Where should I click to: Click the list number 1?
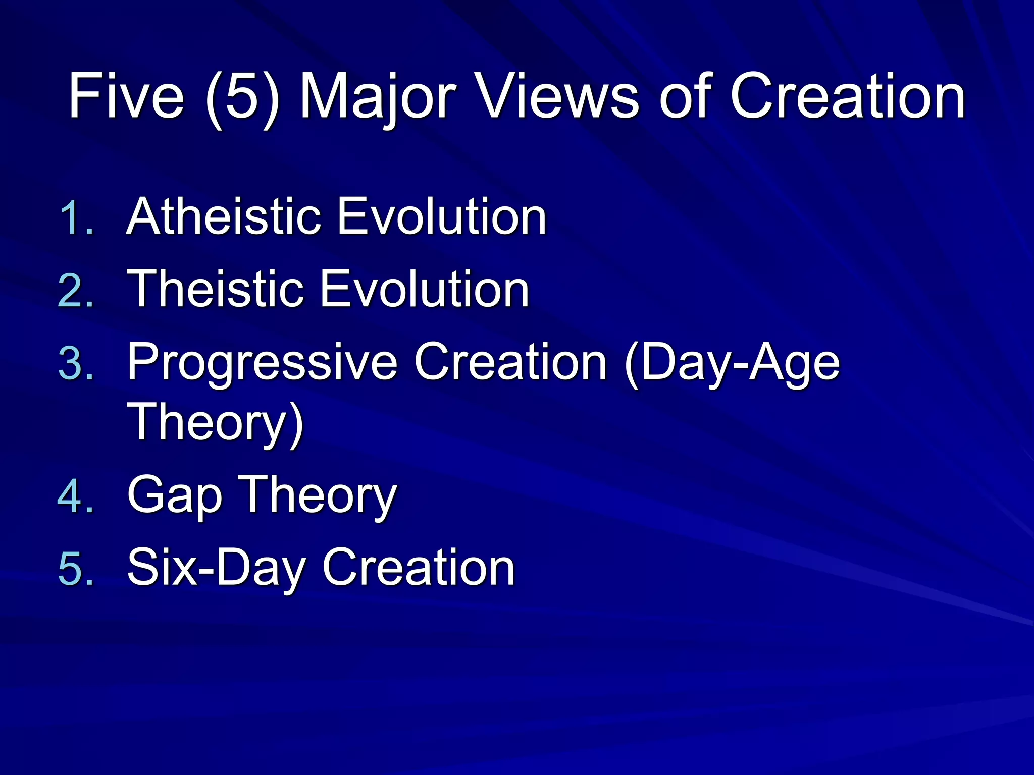tap(76, 218)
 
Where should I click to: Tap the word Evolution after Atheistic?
tap(442, 217)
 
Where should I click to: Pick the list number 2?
tap(76, 291)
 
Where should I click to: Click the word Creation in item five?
tap(419, 568)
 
